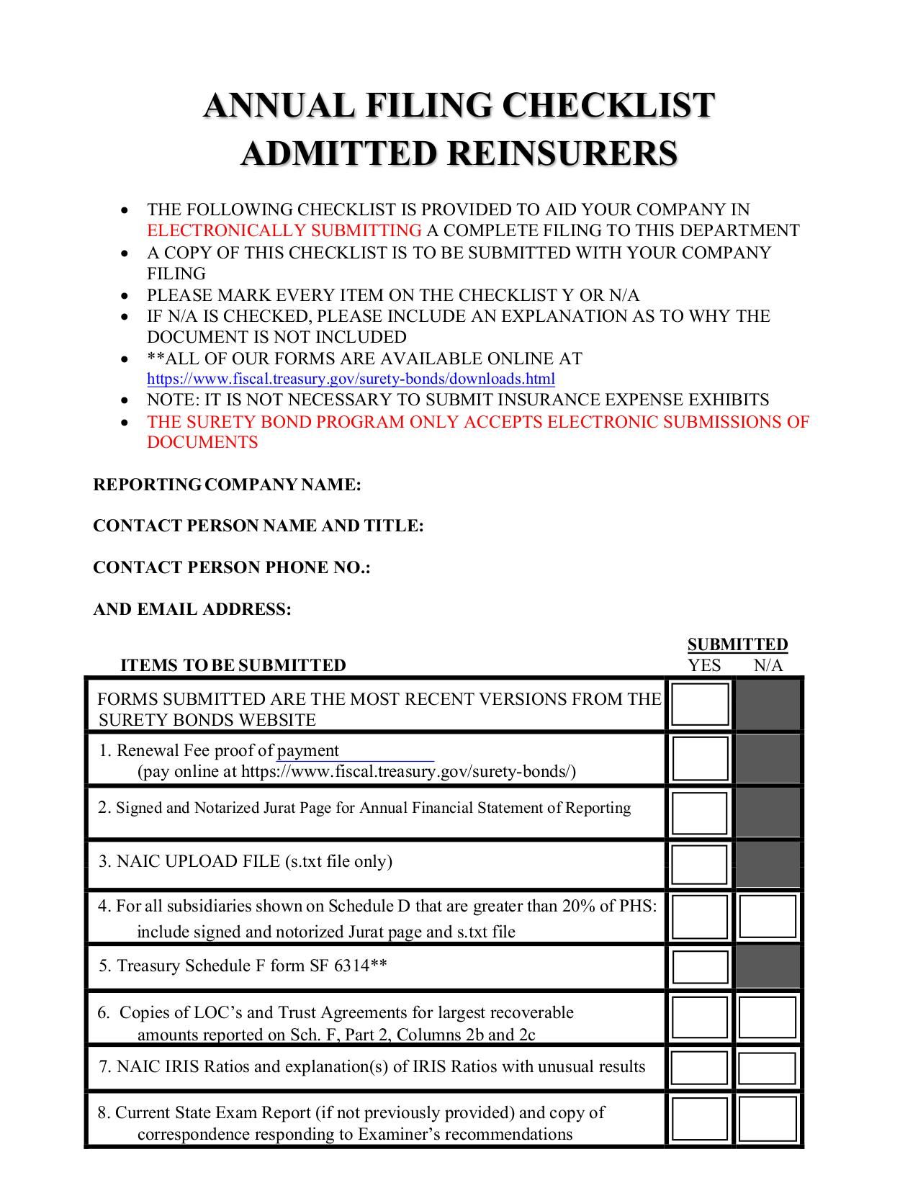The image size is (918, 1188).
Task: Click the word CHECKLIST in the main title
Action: (608, 105)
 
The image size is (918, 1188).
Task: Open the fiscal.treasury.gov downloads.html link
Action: (351, 379)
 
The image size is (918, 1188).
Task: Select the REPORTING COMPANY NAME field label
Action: (227, 485)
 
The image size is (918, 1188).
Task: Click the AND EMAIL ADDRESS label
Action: (192, 609)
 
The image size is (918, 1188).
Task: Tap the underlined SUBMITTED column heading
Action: (737, 644)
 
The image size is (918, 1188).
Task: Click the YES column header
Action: (704, 665)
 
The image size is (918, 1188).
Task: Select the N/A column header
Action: (768, 665)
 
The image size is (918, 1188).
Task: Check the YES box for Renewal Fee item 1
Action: (700, 759)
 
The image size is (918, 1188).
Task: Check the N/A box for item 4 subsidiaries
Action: (768, 917)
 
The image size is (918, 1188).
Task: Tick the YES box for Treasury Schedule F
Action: (700, 967)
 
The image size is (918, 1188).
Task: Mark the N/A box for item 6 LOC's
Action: (768, 1017)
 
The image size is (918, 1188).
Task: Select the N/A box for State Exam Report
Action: (768, 1118)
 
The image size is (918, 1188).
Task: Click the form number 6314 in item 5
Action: (352, 966)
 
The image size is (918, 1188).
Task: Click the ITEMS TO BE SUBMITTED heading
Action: (233, 665)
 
